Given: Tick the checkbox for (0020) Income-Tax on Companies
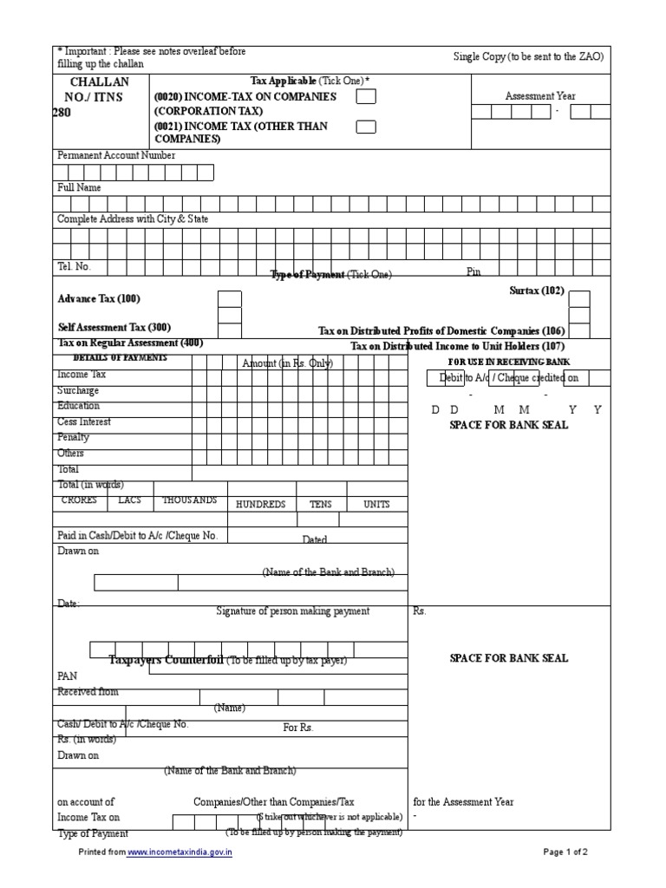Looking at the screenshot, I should point(366,97).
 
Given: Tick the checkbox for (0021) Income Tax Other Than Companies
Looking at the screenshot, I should point(366,127).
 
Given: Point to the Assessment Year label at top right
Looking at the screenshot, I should point(540,96).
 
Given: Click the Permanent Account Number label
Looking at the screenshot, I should point(116,155).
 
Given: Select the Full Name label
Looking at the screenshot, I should point(79,187).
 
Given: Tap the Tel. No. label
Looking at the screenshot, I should point(74,267).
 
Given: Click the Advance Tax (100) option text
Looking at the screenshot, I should point(99,299).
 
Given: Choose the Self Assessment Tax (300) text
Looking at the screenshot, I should point(114,328).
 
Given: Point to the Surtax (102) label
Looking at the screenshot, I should point(536,291).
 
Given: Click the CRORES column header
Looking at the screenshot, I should point(80,500).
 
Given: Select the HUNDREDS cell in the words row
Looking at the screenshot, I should point(260,504).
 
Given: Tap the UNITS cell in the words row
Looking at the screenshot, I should point(376,504).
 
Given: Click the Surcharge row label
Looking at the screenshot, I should point(78,391).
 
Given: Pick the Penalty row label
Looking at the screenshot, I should point(73,438).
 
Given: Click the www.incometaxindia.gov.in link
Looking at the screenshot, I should point(180,852).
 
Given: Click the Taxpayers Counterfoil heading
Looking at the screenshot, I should point(166,660).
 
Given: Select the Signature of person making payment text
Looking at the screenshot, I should point(292,611).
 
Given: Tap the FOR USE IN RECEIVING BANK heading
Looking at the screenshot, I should point(508,361).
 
